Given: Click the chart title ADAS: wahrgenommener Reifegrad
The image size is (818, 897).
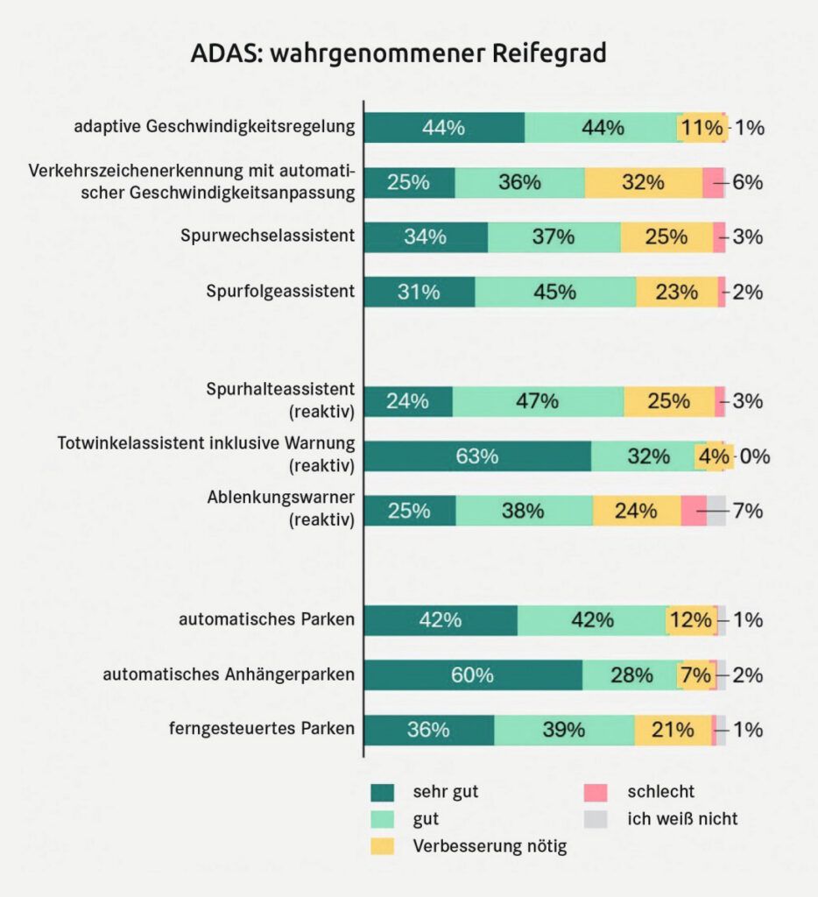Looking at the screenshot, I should point(398,54).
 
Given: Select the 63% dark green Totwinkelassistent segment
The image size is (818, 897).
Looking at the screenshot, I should point(477,456).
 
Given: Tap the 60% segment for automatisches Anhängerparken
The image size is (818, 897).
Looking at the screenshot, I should point(473,675).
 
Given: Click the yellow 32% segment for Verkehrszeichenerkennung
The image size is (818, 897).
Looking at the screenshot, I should point(644,183).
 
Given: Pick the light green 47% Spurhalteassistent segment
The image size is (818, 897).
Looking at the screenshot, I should point(538,402).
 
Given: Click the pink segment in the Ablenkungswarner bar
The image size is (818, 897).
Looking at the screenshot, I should point(694,511).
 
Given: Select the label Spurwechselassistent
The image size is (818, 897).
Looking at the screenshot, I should point(267,237).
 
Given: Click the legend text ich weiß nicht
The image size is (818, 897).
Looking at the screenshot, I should point(682,820).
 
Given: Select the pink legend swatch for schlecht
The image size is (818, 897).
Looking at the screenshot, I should point(596,793).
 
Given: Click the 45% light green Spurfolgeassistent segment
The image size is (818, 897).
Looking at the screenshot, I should point(555,293).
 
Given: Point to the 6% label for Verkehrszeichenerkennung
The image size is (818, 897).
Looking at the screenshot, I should point(748,183).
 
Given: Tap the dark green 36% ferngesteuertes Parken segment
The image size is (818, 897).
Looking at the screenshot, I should point(429,730).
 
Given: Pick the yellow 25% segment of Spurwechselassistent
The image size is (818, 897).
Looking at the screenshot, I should point(666,237).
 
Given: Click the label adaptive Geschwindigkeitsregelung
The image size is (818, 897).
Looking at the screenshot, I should point(215,127).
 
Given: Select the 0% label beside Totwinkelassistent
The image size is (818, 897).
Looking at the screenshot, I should point(754,456).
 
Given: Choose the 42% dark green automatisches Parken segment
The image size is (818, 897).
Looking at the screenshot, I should point(441,620).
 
